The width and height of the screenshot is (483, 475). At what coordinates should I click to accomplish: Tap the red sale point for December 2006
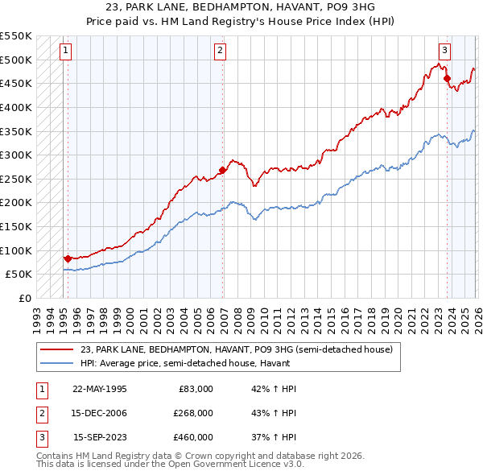(222, 170)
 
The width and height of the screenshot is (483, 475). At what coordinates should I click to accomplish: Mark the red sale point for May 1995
(68, 258)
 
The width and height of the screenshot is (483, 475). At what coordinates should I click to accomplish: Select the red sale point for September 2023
(448, 79)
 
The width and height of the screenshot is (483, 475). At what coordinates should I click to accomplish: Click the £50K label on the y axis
(19, 274)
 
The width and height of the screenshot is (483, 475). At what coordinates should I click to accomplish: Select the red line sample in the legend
(57, 349)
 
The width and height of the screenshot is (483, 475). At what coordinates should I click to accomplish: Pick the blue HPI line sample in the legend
(57, 363)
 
